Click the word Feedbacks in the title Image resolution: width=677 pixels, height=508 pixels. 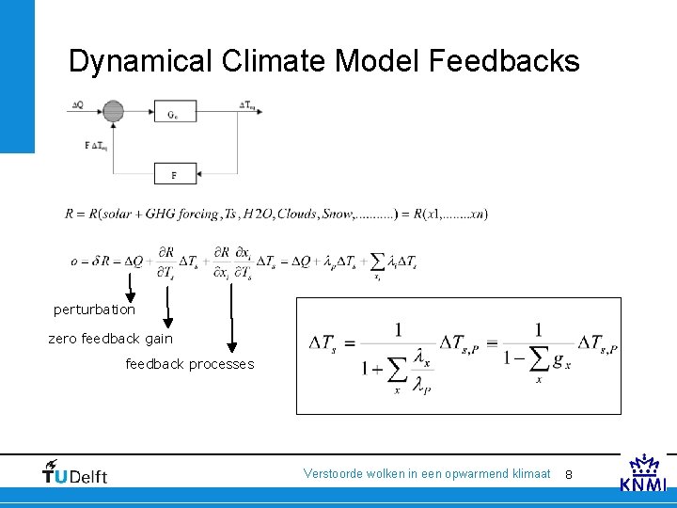(x=504, y=61)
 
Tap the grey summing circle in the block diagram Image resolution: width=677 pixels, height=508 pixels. (x=113, y=112)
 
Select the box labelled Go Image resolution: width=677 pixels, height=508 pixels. (x=174, y=113)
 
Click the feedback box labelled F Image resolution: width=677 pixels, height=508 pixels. (x=174, y=174)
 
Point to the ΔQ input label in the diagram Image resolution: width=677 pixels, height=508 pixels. (x=76, y=104)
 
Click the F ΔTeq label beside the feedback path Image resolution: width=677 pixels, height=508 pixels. (x=95, y=146)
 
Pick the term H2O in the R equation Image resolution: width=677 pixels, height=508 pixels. (x=257, y=214)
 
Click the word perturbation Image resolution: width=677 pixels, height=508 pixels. (x=94, y=310)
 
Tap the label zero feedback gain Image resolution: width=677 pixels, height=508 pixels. (x=111, y=338)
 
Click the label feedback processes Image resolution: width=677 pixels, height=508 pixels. (x=190, y=364)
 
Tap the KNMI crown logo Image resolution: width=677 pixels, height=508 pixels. (x=644, y=472)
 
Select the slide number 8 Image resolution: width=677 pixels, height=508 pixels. (x=569, y=475)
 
